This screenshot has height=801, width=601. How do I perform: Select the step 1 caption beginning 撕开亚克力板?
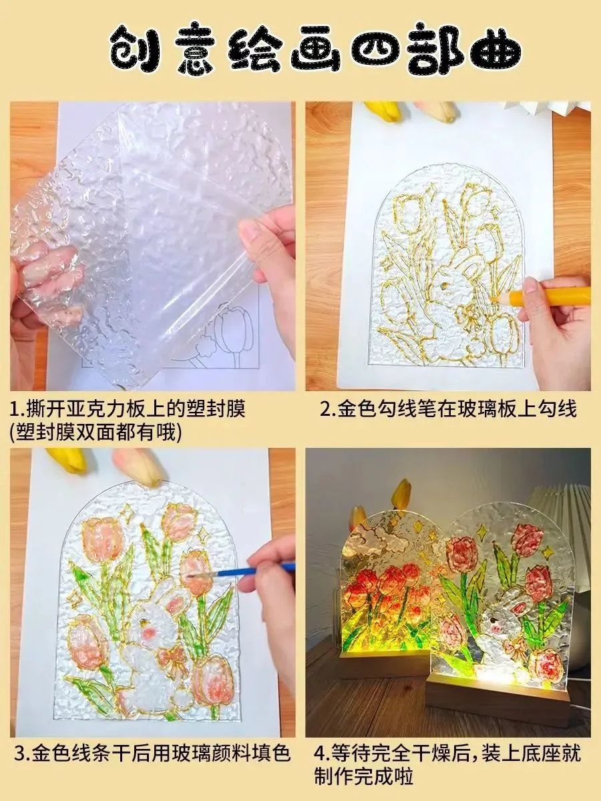[x=128, y=409]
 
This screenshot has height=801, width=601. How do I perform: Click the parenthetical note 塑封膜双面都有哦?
[x=96, y=434]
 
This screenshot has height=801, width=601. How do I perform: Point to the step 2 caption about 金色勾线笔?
[x=448, y=409]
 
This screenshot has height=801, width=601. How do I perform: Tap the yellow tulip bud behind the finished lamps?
[x=402, y=493]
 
